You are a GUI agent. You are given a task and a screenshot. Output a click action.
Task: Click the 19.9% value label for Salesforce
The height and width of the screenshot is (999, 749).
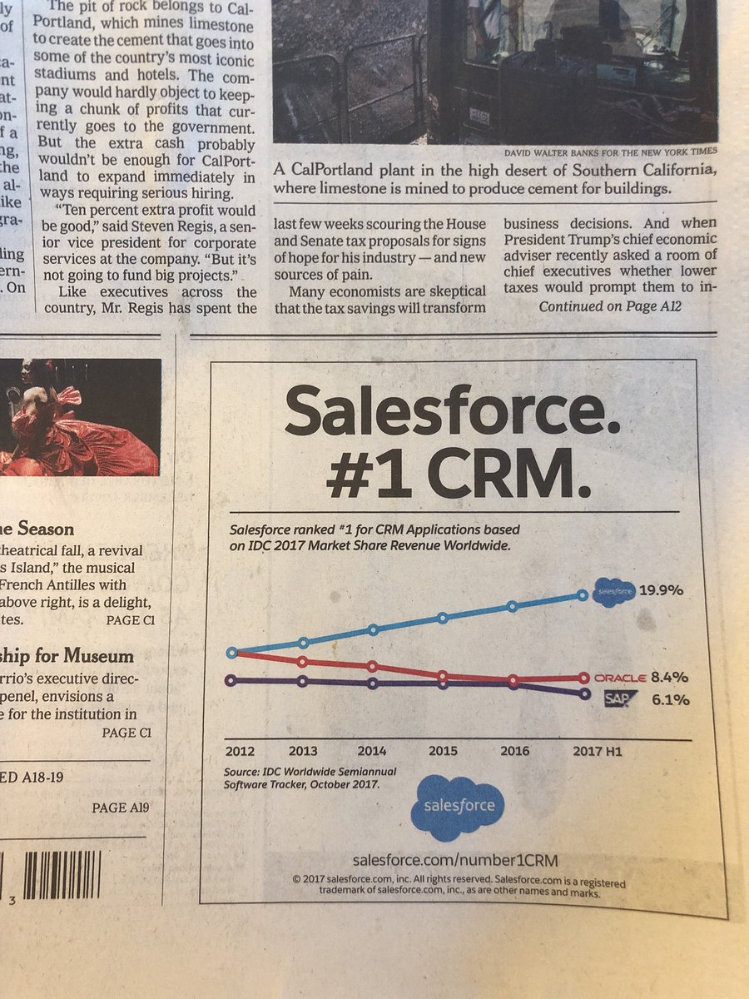[662, 590]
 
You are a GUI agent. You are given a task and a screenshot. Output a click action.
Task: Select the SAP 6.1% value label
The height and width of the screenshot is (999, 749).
[670, 700]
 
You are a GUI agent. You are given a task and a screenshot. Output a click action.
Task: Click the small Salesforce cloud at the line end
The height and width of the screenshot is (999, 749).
[614, 592]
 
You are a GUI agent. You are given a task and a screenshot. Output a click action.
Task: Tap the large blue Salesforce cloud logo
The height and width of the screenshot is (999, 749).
[458, 806]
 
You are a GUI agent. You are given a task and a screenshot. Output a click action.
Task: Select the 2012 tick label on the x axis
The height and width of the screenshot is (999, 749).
[241, 751]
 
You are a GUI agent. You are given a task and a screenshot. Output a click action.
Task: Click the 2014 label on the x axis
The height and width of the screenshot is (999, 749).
[373, 751]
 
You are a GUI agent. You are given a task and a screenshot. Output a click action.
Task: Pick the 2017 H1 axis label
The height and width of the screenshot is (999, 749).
[597, 751]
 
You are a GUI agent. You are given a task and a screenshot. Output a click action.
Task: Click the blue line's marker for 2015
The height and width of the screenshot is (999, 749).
[443, 618]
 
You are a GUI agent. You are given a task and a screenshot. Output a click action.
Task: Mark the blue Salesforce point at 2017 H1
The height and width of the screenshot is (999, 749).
[583, 595]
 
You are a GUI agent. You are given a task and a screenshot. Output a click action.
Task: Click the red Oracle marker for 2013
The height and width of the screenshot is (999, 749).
[303, 662]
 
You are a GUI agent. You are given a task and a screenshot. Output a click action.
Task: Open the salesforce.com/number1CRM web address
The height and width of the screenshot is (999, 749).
[454, 859]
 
